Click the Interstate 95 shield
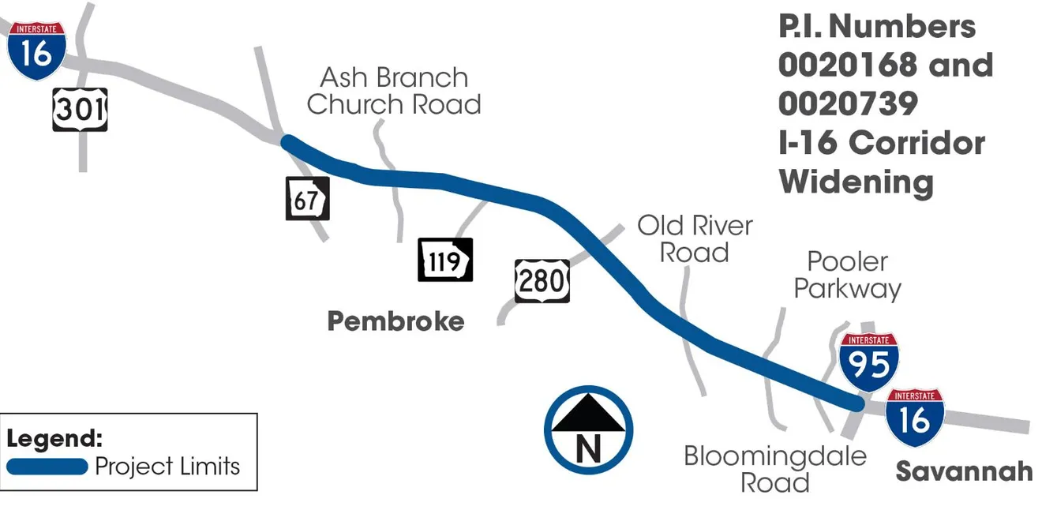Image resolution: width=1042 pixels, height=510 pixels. click(868, 362)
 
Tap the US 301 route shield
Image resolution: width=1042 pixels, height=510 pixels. click(80, 109)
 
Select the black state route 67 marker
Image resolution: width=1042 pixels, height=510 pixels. click(306, 199)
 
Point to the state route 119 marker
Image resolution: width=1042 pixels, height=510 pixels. click(445, 260)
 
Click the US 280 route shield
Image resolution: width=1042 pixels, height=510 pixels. click(542, 280)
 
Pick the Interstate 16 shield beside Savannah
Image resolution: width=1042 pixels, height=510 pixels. click(914, 418)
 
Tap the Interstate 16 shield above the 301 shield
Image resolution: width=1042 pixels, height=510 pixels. click(36, 51)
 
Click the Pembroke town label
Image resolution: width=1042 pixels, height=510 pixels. click(395, 321)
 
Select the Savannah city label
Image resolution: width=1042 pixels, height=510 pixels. click(963, 471)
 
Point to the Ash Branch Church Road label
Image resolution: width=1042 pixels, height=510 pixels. click(394, 91)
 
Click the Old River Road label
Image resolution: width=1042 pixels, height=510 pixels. click(695, 238)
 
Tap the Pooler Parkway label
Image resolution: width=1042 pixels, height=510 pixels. click(847, 275)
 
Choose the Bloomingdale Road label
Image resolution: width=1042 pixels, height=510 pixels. click(774, 468)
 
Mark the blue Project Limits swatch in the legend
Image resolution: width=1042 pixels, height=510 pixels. click(47, 466)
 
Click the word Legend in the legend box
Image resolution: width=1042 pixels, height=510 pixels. click(54, 438)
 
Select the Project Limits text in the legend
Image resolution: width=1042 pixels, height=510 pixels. click(167, 466)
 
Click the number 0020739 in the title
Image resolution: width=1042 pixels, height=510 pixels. click(848, 103)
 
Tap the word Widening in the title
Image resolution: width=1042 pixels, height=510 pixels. click(856, 182)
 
